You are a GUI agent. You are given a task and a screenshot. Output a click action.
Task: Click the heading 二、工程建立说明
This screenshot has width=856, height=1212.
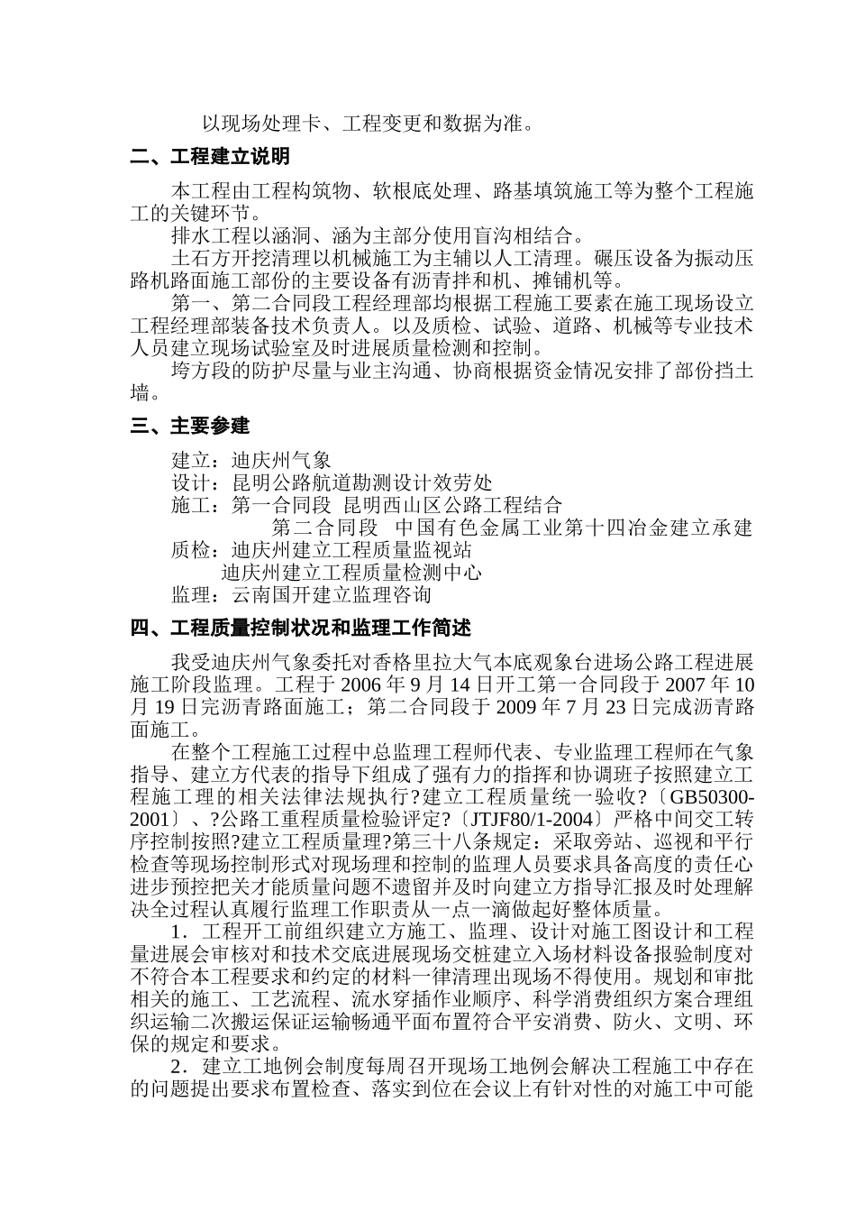[209, 157]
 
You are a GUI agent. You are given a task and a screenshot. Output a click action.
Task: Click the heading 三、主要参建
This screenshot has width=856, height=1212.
[189, 426]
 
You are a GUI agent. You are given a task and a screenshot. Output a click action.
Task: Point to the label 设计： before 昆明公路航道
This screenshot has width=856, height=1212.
[200, 482]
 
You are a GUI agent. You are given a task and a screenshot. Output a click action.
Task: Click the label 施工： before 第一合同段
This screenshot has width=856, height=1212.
[200, 504]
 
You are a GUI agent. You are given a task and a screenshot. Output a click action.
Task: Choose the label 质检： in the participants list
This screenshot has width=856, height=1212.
[200, 549]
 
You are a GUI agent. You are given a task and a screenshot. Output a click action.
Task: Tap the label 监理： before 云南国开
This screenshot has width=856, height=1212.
[200, 594]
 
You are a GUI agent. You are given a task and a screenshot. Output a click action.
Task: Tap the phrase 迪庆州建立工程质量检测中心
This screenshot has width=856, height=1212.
[351, 572]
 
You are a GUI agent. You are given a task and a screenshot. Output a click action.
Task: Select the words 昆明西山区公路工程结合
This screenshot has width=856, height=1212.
[453, 504]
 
